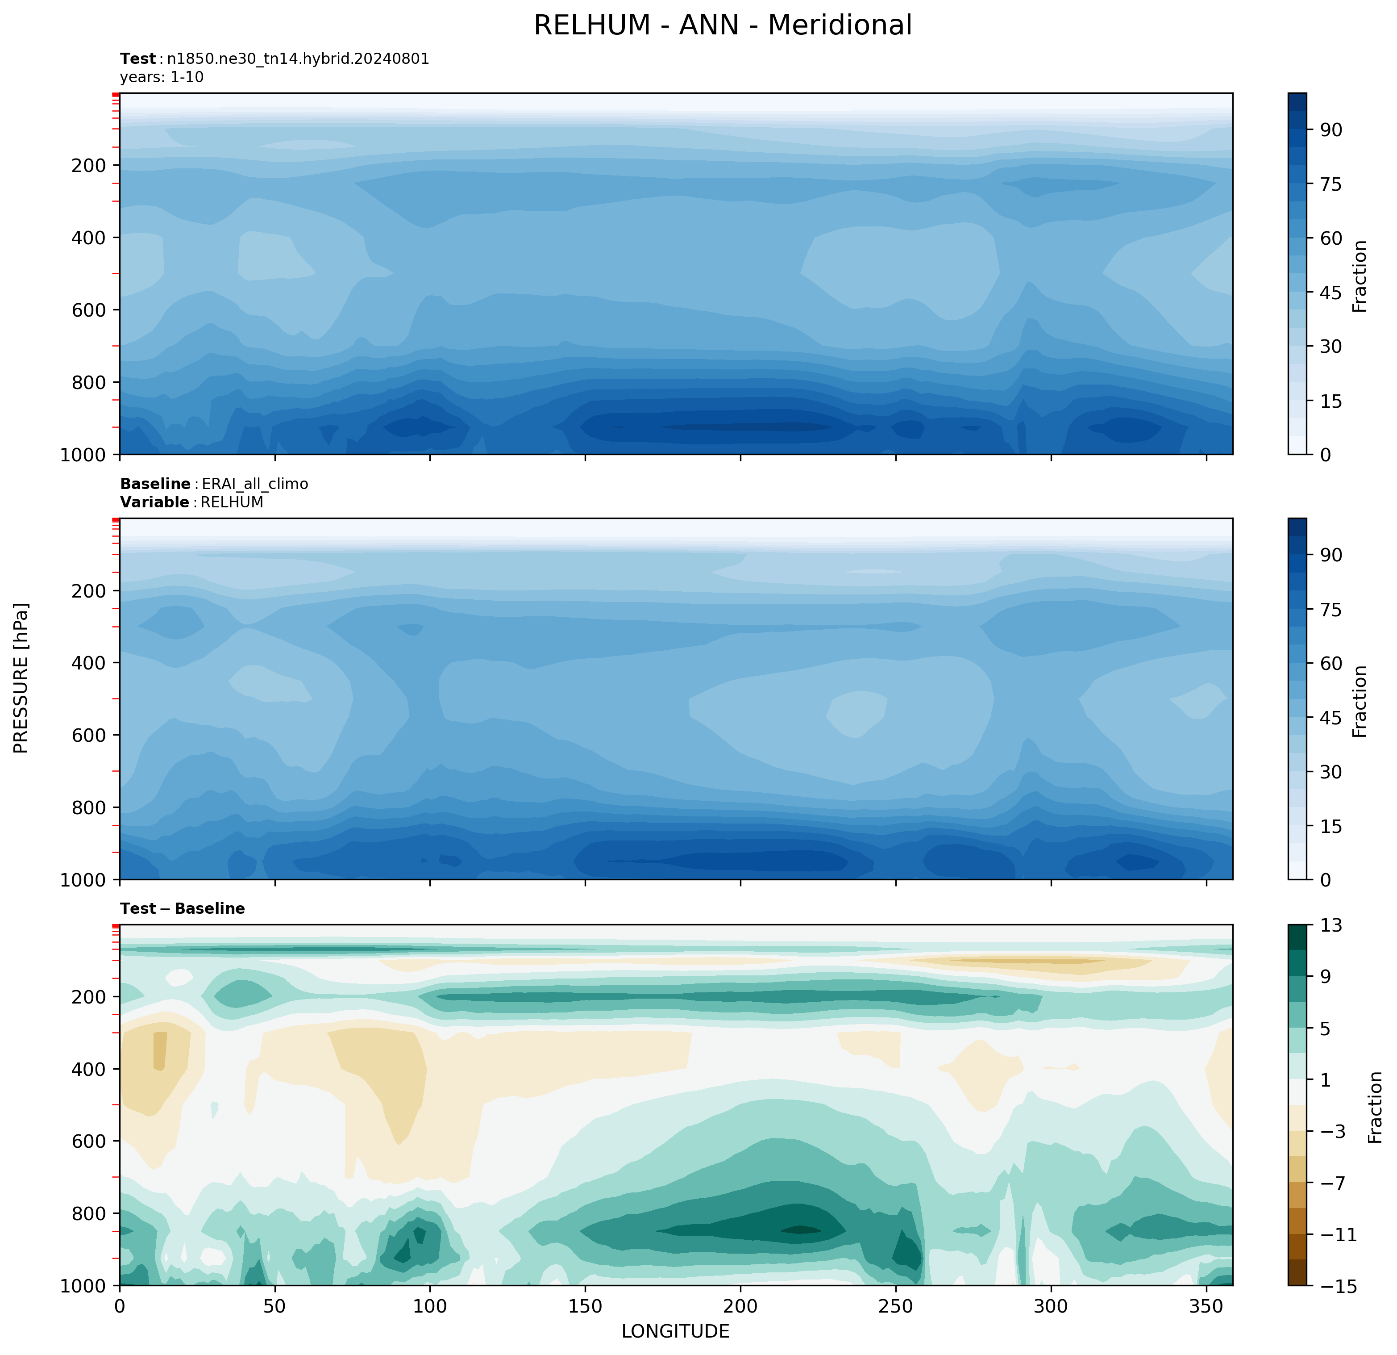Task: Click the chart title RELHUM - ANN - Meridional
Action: click(722, 25)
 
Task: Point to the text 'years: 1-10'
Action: click(162, 77)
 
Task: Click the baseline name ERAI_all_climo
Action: click(255, 484)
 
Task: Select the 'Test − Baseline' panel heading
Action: click(183, 908)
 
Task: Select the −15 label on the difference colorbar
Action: click(1336, 1286)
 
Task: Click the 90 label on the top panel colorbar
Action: click(1331, 130)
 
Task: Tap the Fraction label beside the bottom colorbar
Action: click(1376, 1107)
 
